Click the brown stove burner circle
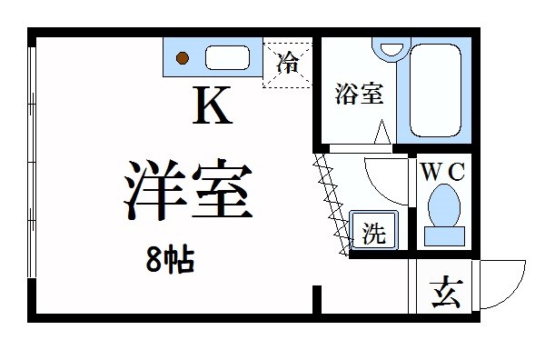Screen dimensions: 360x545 [183, 59]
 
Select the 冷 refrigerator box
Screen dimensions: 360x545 [288, 64]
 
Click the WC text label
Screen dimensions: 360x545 [442, 171]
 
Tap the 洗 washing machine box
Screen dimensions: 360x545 [372, 233]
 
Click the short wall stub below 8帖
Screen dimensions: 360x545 [316, 300]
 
